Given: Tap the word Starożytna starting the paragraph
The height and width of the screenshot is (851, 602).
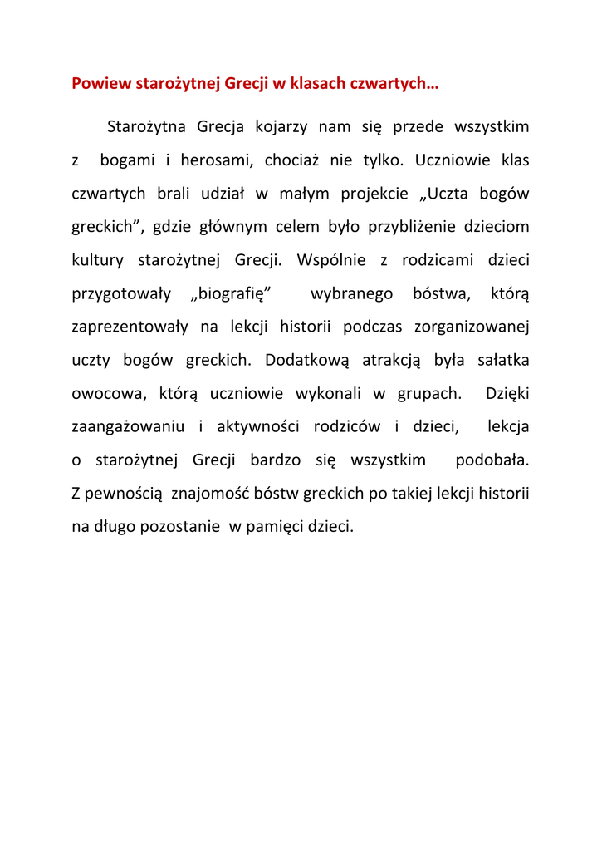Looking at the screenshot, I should pos(145,127).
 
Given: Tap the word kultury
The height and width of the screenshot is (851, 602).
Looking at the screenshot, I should pos(98,260).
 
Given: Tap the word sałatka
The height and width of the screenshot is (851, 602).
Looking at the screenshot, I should pos(504,360).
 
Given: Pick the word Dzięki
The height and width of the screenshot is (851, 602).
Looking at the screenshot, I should pos(507,393).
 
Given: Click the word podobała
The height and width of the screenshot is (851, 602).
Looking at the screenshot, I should pos(492,460).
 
